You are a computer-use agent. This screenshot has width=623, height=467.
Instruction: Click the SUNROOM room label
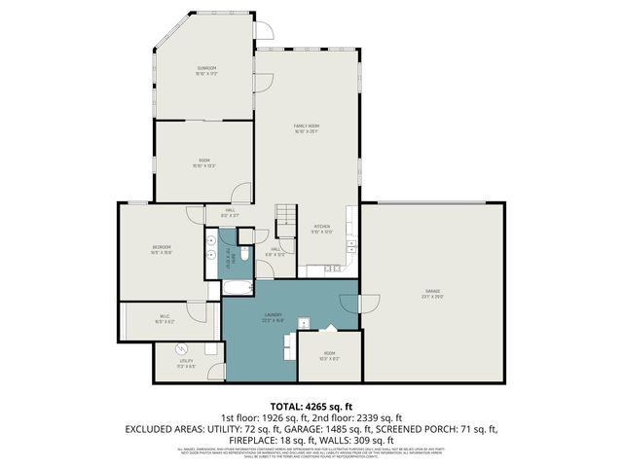pyautogui.click(x=205, y=69)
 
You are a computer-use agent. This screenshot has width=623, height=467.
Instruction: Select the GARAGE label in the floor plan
pyautogui.click(x=431, y=292)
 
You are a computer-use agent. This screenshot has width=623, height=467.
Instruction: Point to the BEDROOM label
pyautogui.click(x=162, y=249)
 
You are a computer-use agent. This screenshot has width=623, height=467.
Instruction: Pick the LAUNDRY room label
pyautogui.click(x=273, y=316)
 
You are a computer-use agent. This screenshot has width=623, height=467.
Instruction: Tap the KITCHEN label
pyautogui.click(x=322, y=229)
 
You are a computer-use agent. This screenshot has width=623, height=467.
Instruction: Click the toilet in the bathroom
pyautogui.click(x=244, y=254)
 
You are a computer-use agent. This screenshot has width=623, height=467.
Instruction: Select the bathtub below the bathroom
pyautogui.click(x=238, y=288)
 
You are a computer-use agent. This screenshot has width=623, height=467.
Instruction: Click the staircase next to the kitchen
pyautogui.click(x=285, y=221)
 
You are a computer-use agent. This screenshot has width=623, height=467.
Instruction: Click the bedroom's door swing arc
pyautogui.click(x=196, y=216)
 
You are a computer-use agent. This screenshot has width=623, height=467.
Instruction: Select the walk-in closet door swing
pyautogui.click(x=197, y=313)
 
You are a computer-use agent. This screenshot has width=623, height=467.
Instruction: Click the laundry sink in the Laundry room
pyautogui.click(x=303, y=322)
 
